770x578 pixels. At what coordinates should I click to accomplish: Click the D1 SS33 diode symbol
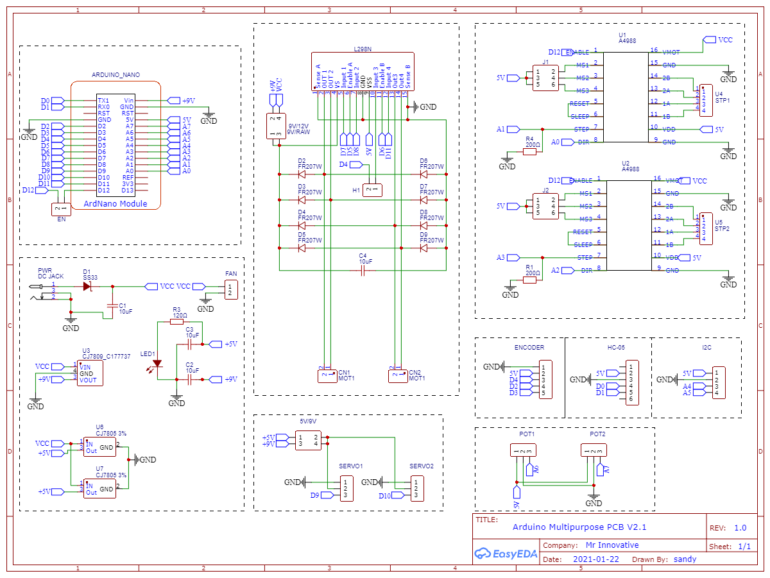[87, 286]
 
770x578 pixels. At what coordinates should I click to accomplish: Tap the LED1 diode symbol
[157, 364]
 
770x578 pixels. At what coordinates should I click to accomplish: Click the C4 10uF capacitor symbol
[363, 271]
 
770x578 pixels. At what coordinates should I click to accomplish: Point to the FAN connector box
[231, 289]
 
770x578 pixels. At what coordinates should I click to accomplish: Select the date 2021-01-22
[596, 559]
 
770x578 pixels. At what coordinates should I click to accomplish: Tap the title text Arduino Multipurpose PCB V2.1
[579, 527]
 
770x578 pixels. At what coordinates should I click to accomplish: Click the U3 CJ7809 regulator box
[89, 373]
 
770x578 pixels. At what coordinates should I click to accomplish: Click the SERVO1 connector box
[346, 488]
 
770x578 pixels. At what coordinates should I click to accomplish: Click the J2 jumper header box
[545, 206]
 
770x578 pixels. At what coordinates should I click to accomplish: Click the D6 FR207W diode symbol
[424, 174]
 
